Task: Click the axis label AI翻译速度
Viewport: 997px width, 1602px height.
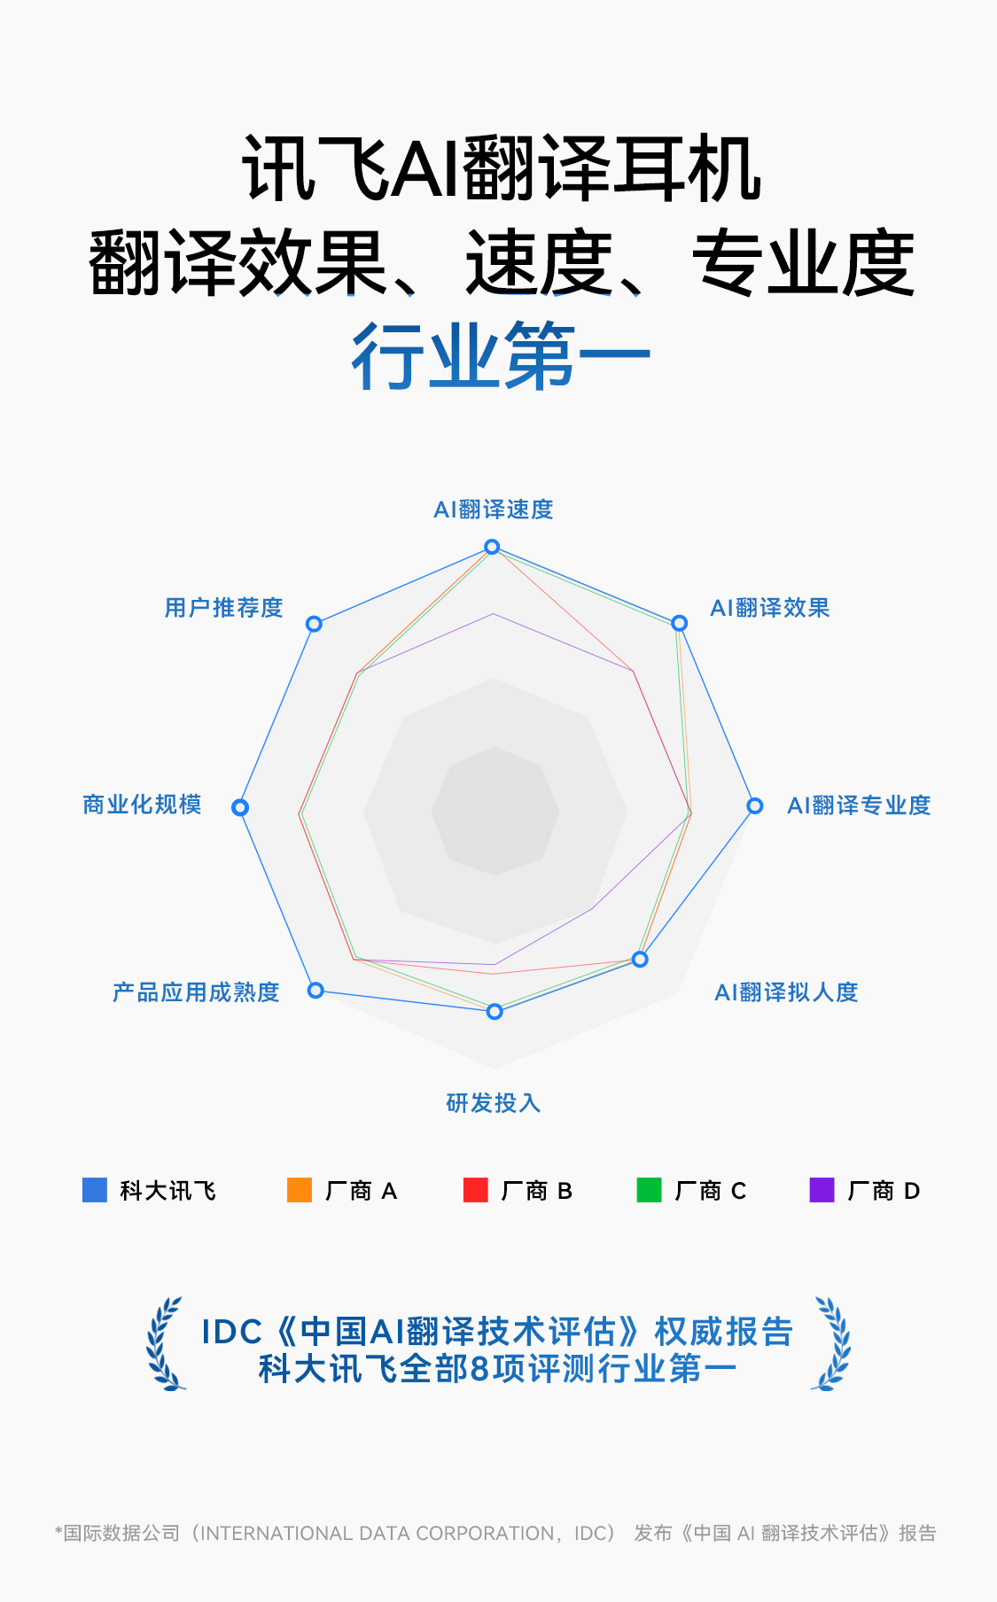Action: click(x=493, y=509)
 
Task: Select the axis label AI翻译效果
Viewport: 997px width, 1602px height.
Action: click(x=769, y=608)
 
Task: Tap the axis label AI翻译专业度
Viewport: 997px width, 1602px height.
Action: click(x=859, y=805)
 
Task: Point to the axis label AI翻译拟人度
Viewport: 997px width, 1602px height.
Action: click(x=786, y=992)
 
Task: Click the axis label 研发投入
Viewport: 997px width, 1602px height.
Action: click(x=493, y=1103)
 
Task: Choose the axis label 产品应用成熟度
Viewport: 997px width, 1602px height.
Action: click(x=196, y=992)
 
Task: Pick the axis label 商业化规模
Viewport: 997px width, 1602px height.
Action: click(x=142, y=805)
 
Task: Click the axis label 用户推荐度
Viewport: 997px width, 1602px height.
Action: click(x=223, y=608)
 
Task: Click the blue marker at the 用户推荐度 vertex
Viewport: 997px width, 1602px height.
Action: click(x=314, y=624)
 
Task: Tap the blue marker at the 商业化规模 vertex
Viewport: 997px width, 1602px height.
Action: click(x=240, y=807)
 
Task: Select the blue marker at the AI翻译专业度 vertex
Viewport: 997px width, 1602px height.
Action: click(x=754, y=805)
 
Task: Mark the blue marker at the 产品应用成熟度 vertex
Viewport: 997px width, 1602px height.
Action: click(x=315, y=990)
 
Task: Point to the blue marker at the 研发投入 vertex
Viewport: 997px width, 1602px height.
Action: click(x=495, y=1011)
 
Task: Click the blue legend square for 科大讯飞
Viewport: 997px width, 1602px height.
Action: click(x=95, y=1190)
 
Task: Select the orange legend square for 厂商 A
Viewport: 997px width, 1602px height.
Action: click(x=300, y=1190)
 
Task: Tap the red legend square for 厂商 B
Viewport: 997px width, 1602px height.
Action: click(x=476, y=1190)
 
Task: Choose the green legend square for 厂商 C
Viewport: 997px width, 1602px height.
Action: click(x=650, y=1190)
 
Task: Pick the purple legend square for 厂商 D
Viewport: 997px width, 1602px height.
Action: click(x=822, y=1190)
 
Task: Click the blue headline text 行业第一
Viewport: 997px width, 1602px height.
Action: click(x=501, y=357)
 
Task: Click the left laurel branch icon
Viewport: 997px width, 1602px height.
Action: click(x=166, y=1344)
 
